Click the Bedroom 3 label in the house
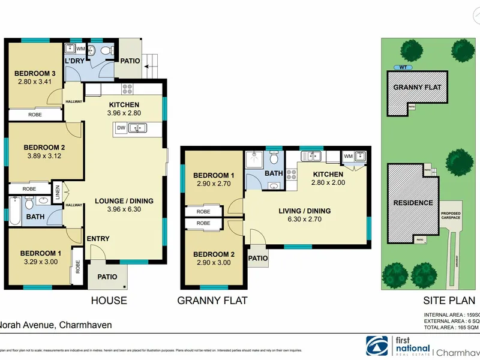coord(33,74)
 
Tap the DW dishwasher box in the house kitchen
coord(122,127)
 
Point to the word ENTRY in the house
coord(98,239)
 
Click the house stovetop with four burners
coord(127,90)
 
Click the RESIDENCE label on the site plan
coord(413,203)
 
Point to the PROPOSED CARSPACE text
coord(451,217)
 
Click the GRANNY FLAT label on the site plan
coord(418,88)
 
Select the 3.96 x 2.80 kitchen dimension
coord(124,113)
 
